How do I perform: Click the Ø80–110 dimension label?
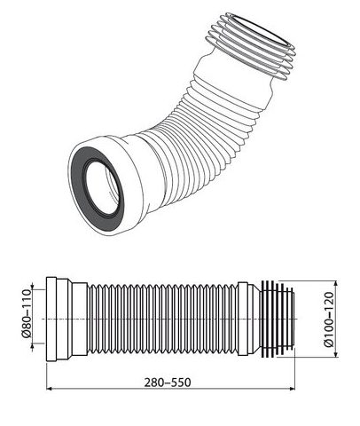(27, 313)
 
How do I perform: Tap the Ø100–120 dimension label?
(328, 319)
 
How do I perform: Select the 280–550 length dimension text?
(168, 383)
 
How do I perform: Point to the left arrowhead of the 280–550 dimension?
(50, 388)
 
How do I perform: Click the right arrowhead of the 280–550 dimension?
(293, 388)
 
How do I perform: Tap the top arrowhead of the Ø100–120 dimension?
(335, 283)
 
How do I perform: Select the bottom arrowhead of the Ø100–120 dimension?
(335, 354)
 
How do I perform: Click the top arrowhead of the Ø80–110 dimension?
(32, 287)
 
